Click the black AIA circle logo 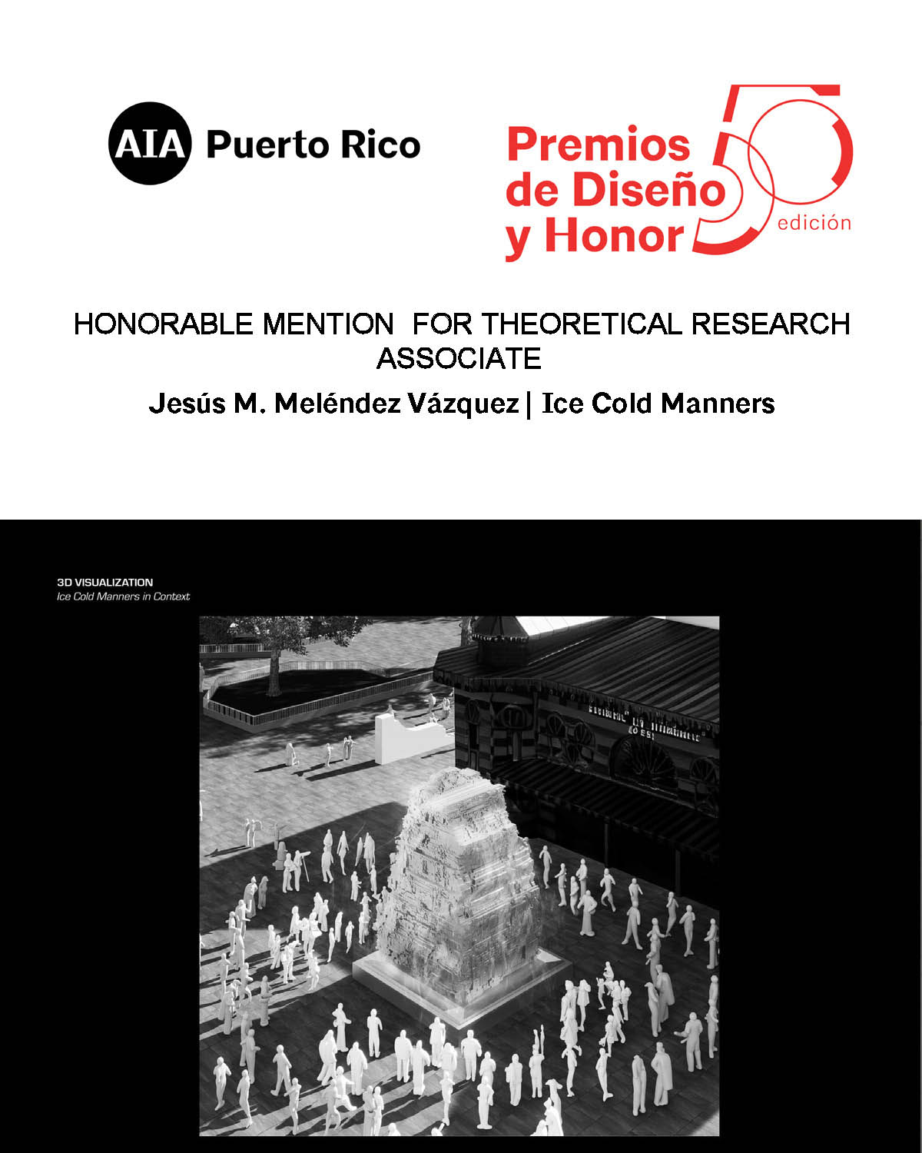149,144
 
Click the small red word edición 814,224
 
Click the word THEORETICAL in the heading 581,324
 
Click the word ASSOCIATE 459,359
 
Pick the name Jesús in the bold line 186,404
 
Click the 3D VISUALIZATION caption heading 104,583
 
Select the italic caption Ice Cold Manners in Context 123,596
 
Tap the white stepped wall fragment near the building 407,738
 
